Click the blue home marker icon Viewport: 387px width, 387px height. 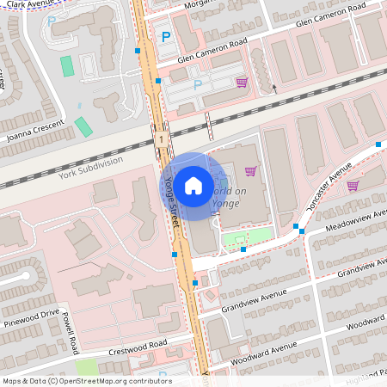pos(193,185)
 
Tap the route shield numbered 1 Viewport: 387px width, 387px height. pos(161,138)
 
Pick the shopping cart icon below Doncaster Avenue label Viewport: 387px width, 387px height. pos(353,185)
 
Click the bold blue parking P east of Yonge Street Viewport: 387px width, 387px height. pos(166,37)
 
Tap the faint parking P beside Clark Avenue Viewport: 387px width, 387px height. pos(52,21)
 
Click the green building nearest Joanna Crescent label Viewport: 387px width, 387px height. pos(83,126)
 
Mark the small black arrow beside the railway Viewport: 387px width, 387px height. pos(274,87)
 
